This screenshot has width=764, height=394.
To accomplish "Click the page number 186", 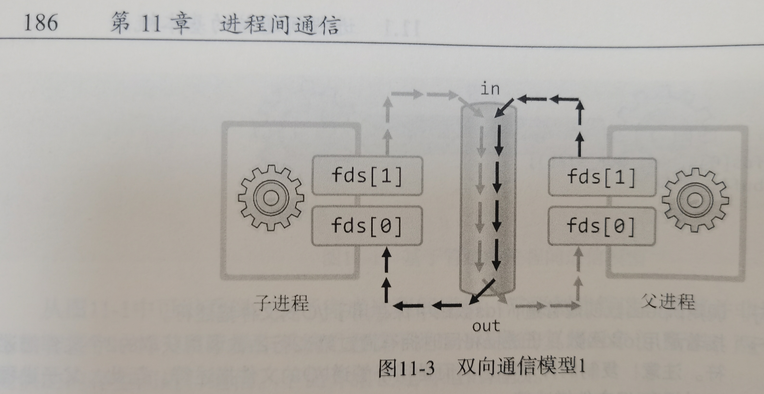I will point(41,23).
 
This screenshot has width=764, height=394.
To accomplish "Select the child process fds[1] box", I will point(367,176).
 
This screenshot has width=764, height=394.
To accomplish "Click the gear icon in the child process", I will point(270,198).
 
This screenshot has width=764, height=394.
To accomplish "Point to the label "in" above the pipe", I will point(490,89).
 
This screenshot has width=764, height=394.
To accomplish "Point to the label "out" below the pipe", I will point(486,326).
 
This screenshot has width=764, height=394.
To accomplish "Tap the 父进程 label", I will point(668,302).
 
